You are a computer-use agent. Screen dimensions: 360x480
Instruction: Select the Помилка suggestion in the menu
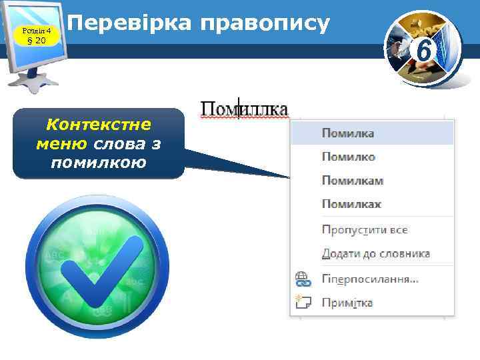coord(348,133)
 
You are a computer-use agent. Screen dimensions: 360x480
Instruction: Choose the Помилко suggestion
coord(349,157)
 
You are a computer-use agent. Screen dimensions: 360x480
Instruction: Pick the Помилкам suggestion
coord(353,181)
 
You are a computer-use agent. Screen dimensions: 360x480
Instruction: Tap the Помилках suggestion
coord(351,204)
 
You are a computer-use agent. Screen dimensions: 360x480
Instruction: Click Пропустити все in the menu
coord(365,230)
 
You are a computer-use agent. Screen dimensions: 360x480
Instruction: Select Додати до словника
coord(376,254)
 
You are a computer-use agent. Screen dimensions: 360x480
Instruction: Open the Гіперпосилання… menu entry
coord(370,279)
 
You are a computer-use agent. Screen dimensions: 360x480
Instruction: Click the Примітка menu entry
coord(347,303)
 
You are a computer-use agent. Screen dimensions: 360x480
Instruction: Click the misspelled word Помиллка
coord(245,109)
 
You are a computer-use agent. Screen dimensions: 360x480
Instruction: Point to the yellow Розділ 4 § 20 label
coord(32,33)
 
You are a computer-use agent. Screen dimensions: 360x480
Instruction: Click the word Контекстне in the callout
coord(98,125)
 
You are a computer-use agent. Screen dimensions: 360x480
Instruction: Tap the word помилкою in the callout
coord(97,163)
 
